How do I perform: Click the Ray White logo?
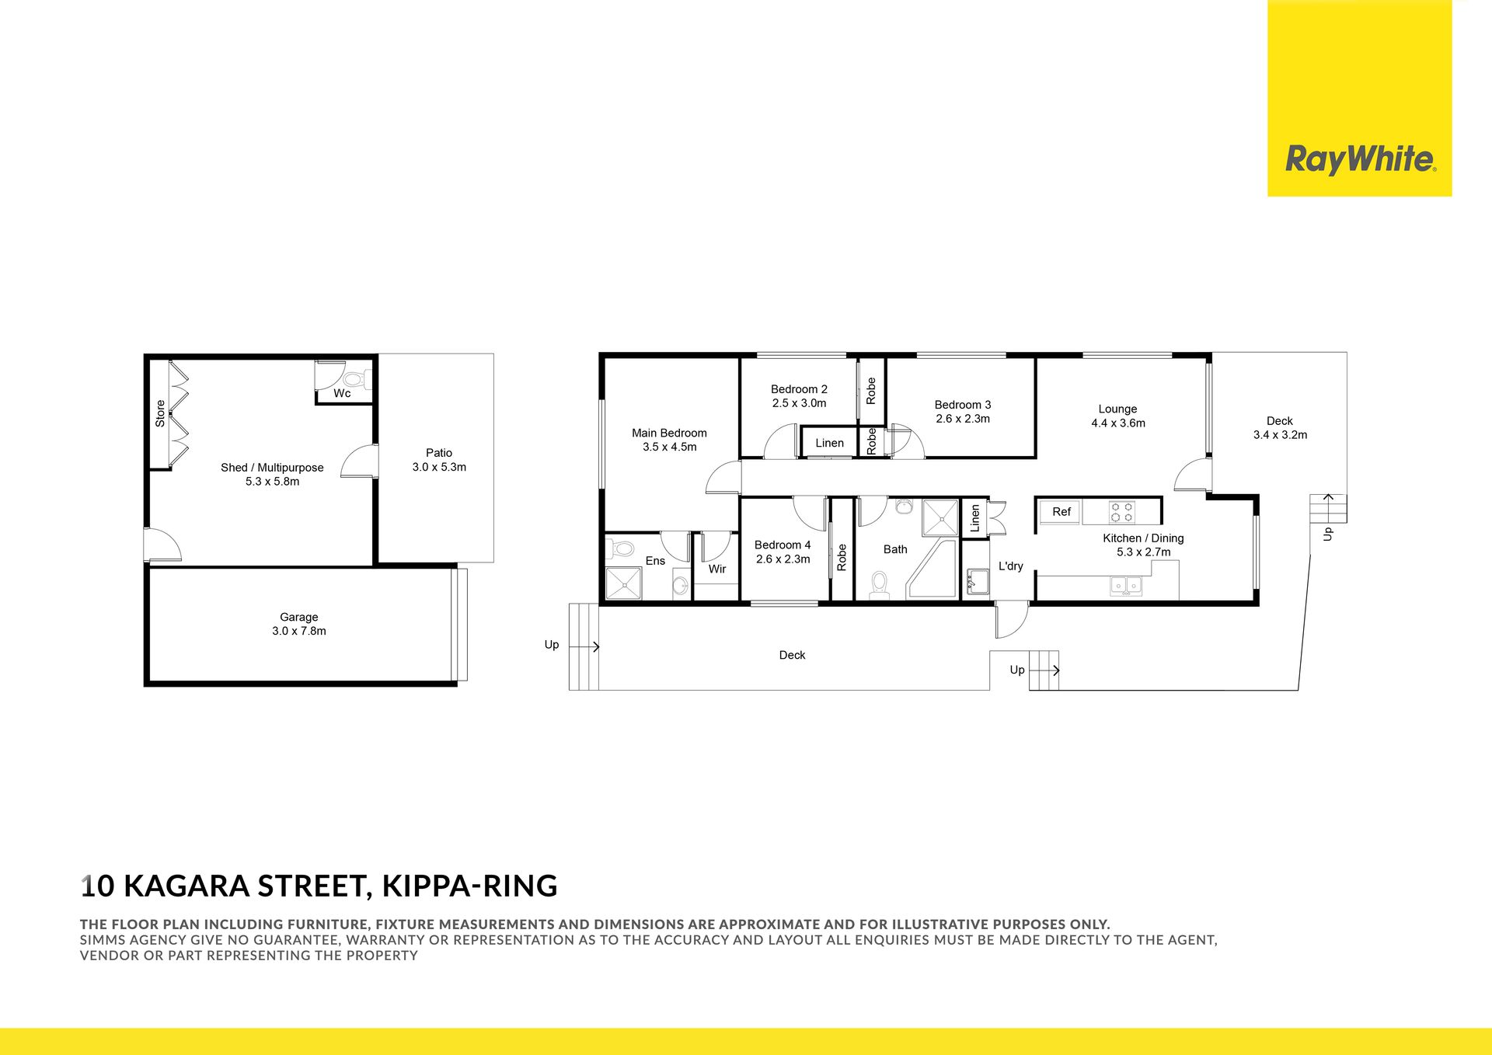tap(1360, 159)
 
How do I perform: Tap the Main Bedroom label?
tap(669, 433)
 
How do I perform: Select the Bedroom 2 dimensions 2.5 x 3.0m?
tap(799, 403)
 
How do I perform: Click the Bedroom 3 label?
tap(963, 405)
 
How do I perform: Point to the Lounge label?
tap(1117, 409)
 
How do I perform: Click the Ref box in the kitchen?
tap(1061, 512)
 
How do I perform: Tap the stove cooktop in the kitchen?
tap(1122, 512)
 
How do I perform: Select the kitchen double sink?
tap(1126, 586)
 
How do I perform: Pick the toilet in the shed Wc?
tap(357, 380)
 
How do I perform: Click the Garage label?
tap(299, 617)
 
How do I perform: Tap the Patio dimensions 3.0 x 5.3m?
tap(439, 467)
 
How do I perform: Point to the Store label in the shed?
tap(160, 413)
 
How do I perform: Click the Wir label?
tap(717, 569)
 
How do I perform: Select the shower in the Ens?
tap(624, 583)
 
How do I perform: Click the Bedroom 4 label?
tap(783, 545)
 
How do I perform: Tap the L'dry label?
tap(1011, 566)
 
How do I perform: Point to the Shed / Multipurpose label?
tap(272, 468)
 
